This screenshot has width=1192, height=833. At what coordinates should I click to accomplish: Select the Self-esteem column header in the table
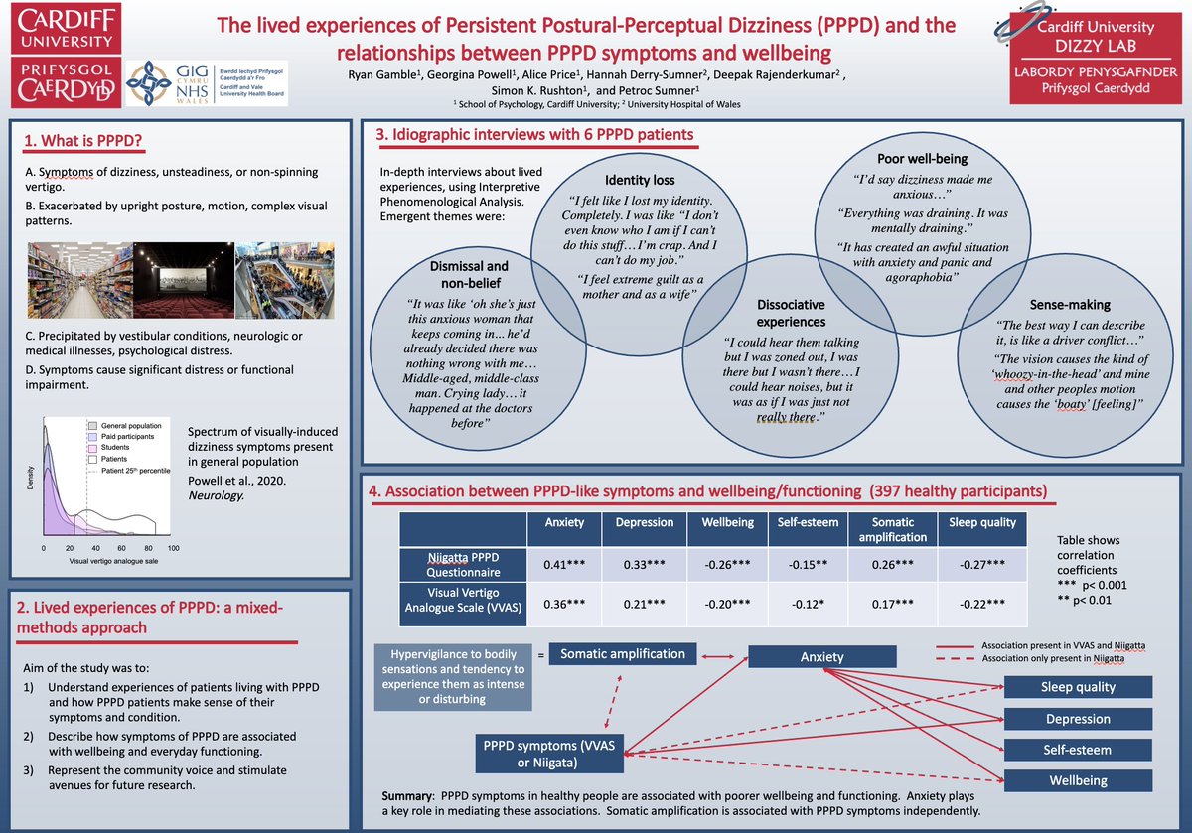[802, 522]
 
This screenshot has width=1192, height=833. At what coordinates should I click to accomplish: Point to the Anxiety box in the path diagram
[821, 656]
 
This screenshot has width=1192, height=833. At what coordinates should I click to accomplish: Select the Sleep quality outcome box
[1078, 686]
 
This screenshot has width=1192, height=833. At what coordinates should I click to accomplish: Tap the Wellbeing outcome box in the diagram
[1078, 780]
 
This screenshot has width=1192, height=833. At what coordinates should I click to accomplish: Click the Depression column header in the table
[645, 522]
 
